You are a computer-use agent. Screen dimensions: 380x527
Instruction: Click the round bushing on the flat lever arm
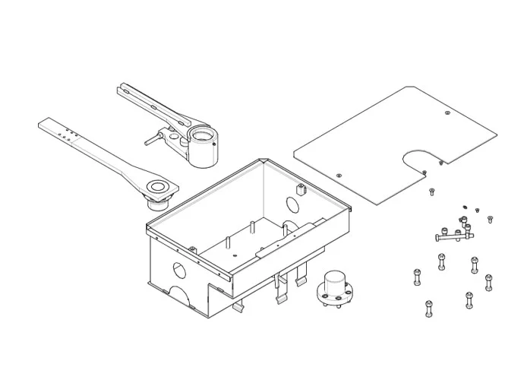click(x=159, y=187)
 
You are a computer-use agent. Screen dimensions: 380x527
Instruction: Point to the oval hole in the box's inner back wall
click(x=291, y=204)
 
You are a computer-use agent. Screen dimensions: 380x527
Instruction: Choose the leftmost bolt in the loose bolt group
click(x=416, y=277)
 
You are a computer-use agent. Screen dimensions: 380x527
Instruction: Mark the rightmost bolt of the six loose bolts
click(x=488, y=281)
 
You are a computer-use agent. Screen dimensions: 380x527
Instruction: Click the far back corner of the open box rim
click(x=263, y=160)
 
